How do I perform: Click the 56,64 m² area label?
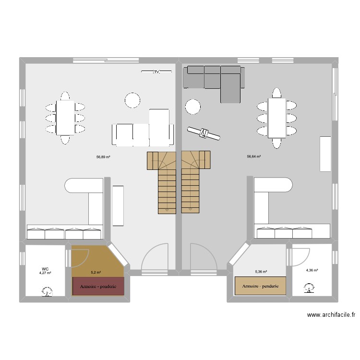(254, 156)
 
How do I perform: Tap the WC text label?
(45, 269)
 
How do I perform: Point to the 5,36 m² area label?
(261, 272)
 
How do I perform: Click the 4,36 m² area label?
(312, 270)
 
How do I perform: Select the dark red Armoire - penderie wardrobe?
(98, 286)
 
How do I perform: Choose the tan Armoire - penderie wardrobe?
(260, 286)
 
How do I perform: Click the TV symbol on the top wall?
(156, 72)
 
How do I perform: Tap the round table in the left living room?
(132, 100)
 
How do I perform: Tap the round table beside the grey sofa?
(193, 107)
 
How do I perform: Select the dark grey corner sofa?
(216, 79)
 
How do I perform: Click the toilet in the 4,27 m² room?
(47, 291)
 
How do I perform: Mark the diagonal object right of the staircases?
(204, 133)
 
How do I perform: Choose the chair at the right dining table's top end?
(276, 92)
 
